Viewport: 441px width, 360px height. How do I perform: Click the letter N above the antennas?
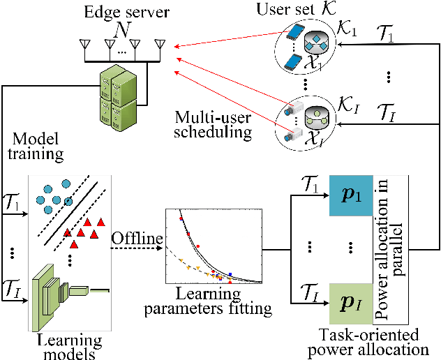(123, 32)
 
